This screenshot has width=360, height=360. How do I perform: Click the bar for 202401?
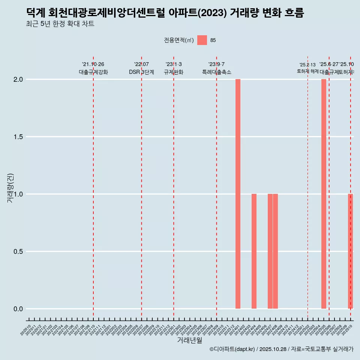pos(238,194)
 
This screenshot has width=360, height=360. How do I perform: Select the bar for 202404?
pos(254,251)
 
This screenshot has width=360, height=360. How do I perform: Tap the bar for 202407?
pos(270,251)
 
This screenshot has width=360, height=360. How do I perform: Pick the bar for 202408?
pos(275,251)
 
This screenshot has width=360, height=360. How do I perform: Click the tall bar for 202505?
pos(324,194)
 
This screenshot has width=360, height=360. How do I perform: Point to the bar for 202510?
pos(350,251)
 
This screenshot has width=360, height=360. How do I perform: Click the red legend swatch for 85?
pos(202,40)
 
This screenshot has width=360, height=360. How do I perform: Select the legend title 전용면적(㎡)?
pos(179,40)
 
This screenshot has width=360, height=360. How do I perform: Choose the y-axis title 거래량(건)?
pos(10,188)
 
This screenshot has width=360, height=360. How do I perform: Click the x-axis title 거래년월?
pos(189,340)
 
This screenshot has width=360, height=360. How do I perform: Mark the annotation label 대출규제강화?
pos(93,72)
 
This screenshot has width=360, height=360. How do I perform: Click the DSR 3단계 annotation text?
pos(141,72)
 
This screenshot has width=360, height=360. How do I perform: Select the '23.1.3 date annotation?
pos(174,64)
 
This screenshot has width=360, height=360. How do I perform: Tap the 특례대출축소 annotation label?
pos(217,72)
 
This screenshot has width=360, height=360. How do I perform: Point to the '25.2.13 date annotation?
pos(307,65)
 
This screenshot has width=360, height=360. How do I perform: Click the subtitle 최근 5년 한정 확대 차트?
pos(60,24)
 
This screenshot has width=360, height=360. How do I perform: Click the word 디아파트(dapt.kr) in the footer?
pos(234,349)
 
